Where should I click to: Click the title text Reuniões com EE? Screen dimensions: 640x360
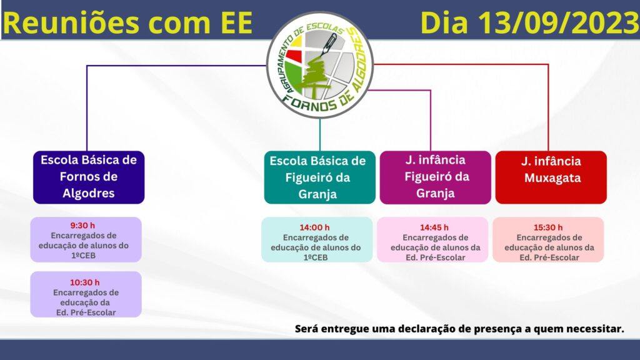click(127, 22)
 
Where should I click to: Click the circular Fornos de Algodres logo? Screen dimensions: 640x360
click(319, 65)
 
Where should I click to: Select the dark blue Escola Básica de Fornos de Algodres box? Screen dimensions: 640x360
click(89, 177)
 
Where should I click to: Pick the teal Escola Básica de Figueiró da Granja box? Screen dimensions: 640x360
click(319, 177)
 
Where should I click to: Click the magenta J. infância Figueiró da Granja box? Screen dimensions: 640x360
click(436, 177)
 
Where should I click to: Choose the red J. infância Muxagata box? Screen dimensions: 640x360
click(551, 177)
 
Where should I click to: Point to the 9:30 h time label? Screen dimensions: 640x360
click(82, 225)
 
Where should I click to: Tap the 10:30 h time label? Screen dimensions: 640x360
click(84, 282)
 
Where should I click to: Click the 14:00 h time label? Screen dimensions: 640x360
click(314, 227)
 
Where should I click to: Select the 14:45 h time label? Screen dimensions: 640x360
click(434, 227)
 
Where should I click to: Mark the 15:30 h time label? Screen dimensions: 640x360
click(548, 227)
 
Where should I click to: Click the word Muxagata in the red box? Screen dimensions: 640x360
click(552, 178)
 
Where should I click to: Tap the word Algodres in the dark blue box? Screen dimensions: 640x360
click(89, 193)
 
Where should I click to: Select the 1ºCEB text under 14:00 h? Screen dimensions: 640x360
click(316, 257)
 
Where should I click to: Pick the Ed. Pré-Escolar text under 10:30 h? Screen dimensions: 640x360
click(86, 312)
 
